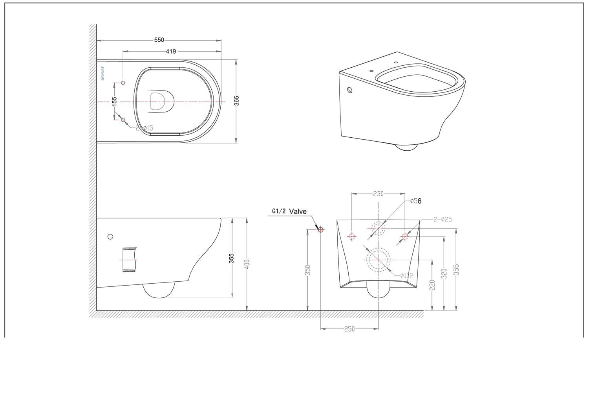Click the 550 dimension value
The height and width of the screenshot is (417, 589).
point(159,40)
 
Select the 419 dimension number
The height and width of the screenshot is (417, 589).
point(171,51)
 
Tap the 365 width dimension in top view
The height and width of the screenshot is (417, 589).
point(237,101)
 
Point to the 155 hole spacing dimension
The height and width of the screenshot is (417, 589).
point(114,101)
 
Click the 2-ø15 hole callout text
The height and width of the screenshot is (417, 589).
point(145,128)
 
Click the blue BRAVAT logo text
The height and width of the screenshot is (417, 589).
point(102,74)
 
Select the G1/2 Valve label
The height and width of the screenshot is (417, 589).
point(289,211)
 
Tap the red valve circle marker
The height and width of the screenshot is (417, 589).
point(320,229)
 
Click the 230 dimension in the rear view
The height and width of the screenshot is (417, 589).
point(378,194)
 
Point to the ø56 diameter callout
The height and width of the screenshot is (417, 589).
point(415,201)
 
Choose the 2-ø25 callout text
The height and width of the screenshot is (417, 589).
point(443,219)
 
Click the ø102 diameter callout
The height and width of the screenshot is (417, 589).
point(407,275)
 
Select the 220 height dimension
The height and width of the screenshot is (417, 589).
point(432,285)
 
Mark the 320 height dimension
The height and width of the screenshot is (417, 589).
point(444,273)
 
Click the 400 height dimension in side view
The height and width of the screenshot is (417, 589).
point(247,264)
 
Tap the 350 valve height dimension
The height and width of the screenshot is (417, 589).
point(308,270)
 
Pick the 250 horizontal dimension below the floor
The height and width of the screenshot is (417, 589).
point(349,328)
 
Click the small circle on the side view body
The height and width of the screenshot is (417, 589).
point(110,236)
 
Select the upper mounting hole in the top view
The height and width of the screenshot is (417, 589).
point(123,83)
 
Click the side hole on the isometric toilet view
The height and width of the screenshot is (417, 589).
point(350,90)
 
